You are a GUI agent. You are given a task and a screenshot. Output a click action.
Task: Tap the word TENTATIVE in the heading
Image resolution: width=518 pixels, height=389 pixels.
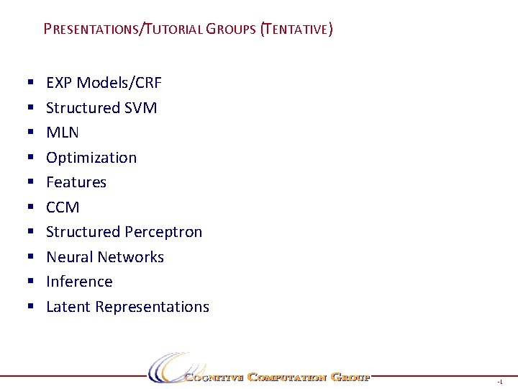coord(297,30)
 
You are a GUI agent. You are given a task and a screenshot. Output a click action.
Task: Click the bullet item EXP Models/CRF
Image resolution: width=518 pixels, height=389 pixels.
coord(104,83)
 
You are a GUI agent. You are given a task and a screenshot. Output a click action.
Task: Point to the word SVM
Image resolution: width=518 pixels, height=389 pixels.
coord(141,108)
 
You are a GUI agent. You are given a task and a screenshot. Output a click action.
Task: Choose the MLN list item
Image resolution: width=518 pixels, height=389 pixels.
coord(63,133)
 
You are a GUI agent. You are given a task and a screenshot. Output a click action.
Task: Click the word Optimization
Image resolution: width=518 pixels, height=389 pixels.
coord(91,158)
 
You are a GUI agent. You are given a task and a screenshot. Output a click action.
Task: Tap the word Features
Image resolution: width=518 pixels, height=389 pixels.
coord(76,182)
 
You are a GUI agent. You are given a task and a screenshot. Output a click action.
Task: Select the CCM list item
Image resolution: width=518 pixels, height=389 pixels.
coord(63,207)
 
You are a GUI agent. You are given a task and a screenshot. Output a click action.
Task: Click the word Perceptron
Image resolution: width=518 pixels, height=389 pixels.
coord(163,232)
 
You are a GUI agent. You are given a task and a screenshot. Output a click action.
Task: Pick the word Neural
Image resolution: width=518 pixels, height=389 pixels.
coord(69,257)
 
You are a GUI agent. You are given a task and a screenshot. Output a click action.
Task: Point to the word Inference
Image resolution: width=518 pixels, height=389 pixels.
coord(79,282)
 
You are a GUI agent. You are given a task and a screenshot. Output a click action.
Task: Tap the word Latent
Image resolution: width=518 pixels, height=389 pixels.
coord(68,307)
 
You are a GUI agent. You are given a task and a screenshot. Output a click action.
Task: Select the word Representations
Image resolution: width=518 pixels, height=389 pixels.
coord(152,307)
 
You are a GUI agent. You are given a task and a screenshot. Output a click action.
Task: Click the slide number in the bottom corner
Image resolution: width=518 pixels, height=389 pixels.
coord(499,381)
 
